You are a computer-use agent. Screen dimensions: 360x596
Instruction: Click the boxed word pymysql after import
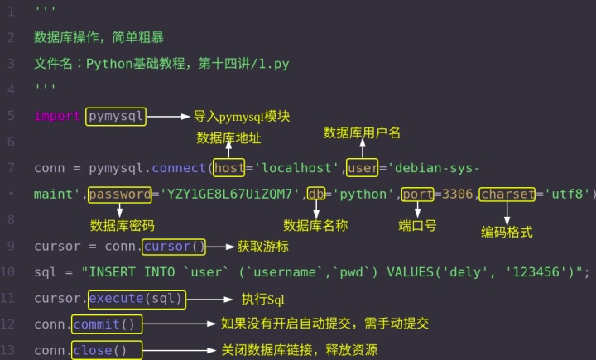pyautogui.click(x=115, y=117)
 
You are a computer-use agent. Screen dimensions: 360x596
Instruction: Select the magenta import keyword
pyautogui.click(x=57, y=117)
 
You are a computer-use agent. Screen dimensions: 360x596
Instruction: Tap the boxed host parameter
pyautogui.click(x=229, y=169)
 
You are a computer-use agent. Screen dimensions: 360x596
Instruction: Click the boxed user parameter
pyautogui.click(x=362, y=169)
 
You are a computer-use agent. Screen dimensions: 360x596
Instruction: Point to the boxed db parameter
pyautogui.click(x=315, y=195)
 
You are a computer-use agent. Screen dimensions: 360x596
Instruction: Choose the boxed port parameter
pyautogui.click(x=418, y=195)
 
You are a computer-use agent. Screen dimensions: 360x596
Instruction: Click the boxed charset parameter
pyautogui.click(x=508, y=195)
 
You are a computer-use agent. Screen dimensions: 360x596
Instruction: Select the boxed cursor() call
pyautogui.click(x=174, y=247)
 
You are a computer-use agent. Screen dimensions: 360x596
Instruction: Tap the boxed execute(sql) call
pyautogui.click(x=137, y=299)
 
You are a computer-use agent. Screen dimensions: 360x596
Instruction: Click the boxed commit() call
pyautogui.click(x=108, y=324)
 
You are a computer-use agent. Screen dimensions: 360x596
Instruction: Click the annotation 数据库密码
pyautogui.click(x=123, y=225)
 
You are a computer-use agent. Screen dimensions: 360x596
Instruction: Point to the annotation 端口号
pyautogui.click(x=418, y=225)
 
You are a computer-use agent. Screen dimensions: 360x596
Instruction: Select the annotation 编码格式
pyautogui.click(x=507, y=233)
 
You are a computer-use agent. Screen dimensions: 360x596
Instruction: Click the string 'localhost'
pyautogui.click(x=298, y=169)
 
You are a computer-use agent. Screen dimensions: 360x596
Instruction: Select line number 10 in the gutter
pyautogui.click(x=8, y=272)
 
